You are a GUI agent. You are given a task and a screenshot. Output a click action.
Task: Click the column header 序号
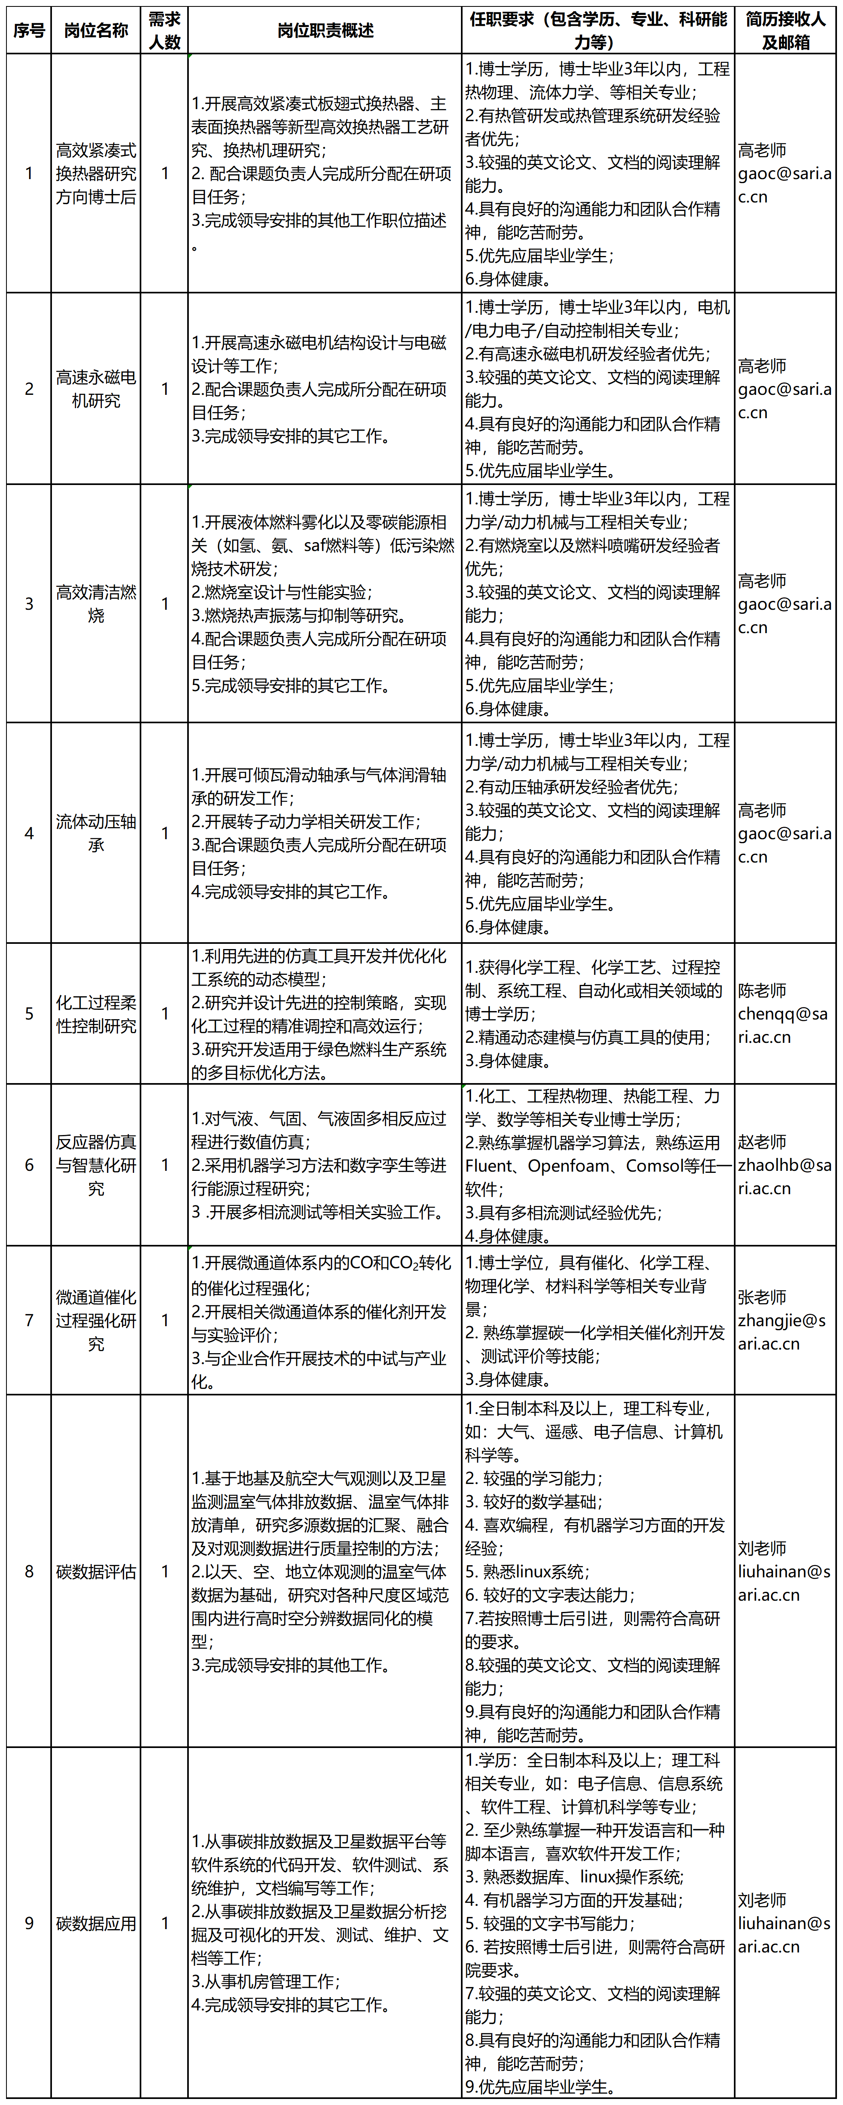[x=29, y=30]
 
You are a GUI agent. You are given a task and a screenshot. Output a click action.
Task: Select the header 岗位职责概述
[x=324, y=30]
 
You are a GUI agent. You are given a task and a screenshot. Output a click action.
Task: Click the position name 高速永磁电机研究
[x=96, y=389]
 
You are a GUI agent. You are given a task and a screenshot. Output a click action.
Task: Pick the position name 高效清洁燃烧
[x=96, y=604]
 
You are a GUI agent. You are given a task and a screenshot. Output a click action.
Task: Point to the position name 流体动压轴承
[x=96, y=834]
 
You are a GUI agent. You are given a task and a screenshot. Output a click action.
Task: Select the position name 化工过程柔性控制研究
[x=96, y=1014]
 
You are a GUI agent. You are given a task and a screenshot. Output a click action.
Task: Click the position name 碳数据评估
[x=96, y=1571]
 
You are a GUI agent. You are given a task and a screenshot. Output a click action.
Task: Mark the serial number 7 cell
[x=29, y=1321]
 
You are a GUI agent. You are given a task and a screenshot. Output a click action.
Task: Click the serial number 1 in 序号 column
[x=29, y=173]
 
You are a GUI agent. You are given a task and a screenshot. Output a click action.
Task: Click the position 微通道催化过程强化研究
[x=96, y=1321]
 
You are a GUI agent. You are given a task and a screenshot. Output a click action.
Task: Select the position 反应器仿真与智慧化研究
[x=96, y=1165]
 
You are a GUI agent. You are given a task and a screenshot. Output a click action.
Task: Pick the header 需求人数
[x=164, y=30]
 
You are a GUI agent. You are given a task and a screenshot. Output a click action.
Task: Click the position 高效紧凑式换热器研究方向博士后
[x=96, y=173]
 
